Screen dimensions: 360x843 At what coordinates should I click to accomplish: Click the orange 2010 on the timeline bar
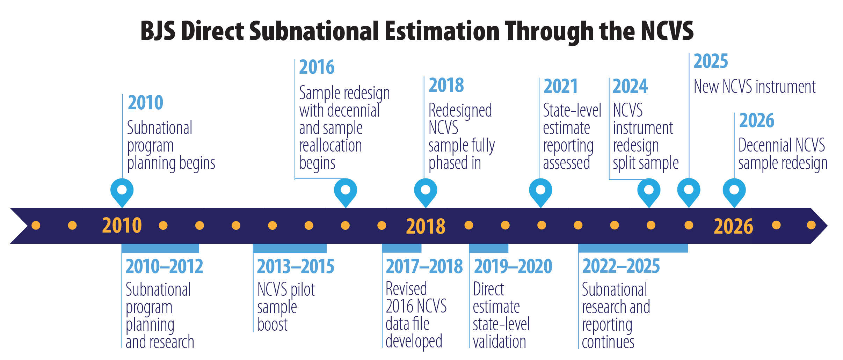[122, 226]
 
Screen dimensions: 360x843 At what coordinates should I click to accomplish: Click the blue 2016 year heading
[317, 67]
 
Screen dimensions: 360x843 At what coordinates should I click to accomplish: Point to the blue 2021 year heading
[560, 86]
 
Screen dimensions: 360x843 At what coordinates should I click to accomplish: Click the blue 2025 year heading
[710, 61]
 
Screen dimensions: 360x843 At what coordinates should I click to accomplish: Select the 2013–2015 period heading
[296, 266]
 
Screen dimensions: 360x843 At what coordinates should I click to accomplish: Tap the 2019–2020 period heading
[513, 266]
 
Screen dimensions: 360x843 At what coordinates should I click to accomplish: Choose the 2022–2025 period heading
[621, 266]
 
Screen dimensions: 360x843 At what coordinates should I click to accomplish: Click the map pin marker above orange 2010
[122, 190]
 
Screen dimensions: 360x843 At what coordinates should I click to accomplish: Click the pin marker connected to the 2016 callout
[346, 190]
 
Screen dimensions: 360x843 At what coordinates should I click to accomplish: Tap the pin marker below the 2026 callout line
[734, 190]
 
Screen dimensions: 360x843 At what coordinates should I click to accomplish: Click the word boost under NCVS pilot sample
[272, 325]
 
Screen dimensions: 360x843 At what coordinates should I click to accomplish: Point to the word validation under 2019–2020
[499, 341]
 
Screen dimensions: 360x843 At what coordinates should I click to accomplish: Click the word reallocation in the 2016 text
[330, 146]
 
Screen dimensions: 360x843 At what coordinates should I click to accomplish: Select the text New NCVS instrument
[754, 87]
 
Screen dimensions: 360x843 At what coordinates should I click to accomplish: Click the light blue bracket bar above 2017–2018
[401, 248]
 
